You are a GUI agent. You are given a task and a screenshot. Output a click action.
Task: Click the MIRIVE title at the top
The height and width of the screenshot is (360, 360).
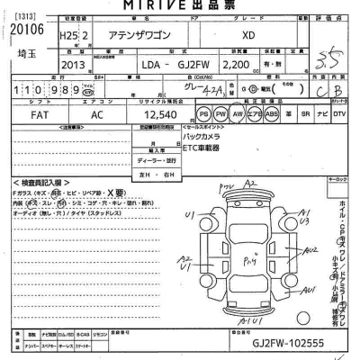(x=179, y=5)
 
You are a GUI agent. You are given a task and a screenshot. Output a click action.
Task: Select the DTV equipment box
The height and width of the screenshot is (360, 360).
(x=338, y=115)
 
